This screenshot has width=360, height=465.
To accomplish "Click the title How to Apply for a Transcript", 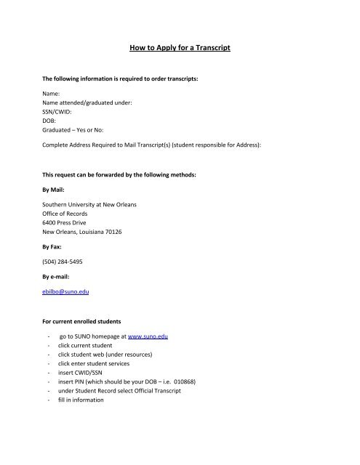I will (x=180, y=51).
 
